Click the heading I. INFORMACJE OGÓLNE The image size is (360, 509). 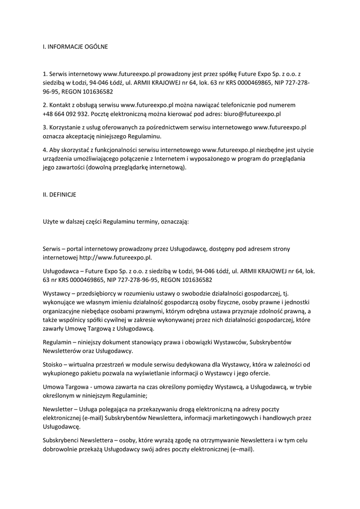[x=75, y=47]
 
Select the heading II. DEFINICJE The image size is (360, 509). [x=59, y=196]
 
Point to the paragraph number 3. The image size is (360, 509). [x=44, y=127]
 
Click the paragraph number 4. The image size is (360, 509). [x=44, y=150]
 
